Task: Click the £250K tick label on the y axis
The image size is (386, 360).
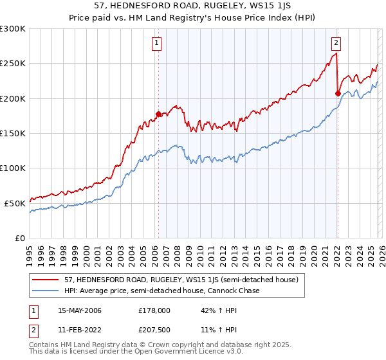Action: (13, 64)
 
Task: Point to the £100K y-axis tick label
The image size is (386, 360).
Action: (13, 168)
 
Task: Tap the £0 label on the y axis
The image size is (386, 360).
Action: (19, 238)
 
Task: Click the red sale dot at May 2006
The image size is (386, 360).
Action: (158, 114)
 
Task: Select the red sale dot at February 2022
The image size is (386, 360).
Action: (338, 93)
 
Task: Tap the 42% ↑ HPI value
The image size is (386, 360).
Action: (210, 310)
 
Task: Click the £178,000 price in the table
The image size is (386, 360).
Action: (154, 310)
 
